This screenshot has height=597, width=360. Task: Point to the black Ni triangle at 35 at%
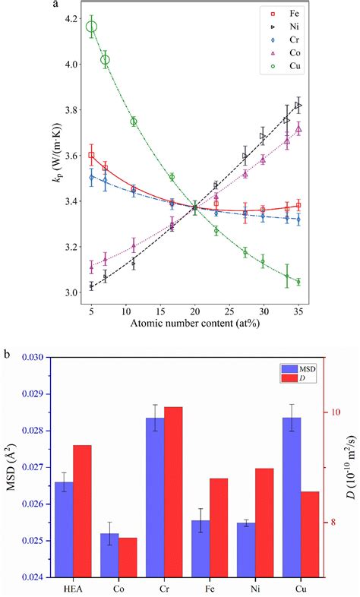point(298,105)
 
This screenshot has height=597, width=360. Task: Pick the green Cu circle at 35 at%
point(298,282)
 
